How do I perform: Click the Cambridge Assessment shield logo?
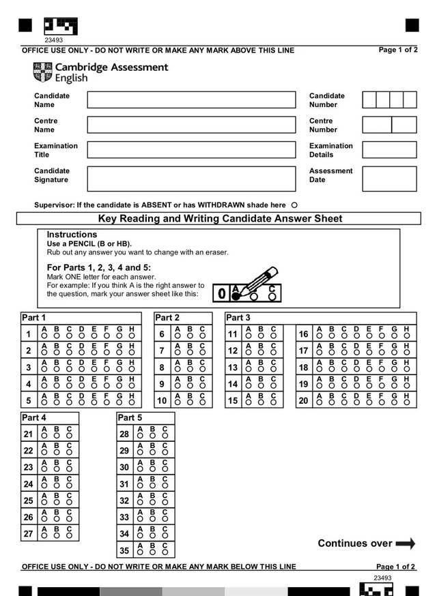[42, 72]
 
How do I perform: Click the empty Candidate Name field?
[191, 100]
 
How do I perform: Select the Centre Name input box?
[191, 125]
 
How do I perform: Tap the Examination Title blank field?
[191, 150]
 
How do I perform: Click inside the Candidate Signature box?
[191, 179]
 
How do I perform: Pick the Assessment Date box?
[389, 179]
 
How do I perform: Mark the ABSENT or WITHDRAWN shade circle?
[294, 205]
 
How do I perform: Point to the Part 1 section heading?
[34, 318]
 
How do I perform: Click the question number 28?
[124, 434]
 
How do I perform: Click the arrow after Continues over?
[406, 543]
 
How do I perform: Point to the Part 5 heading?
[130, 417]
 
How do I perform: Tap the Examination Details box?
[389, 150]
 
